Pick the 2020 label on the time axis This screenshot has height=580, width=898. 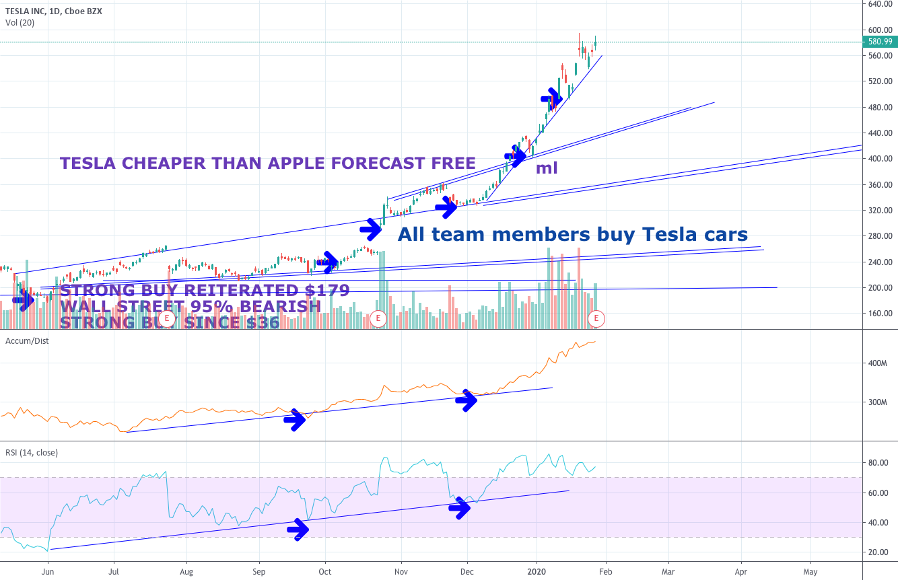(537, 571)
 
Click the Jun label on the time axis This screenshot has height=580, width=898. (48, 571)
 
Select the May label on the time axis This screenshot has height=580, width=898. (810, 571)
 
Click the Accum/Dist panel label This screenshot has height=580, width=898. (27, 340)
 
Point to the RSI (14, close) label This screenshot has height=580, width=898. (32, 453)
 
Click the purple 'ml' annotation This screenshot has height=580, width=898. (546, 168)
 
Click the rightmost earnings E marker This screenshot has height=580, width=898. (596, 318)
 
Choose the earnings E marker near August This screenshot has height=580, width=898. (166, 318)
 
